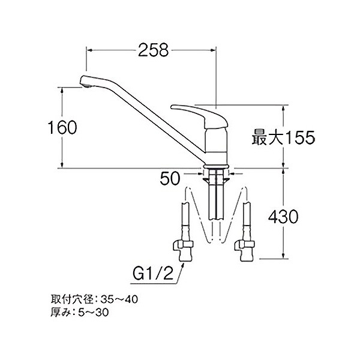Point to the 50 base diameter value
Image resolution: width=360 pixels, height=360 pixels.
click(x=172, y=178)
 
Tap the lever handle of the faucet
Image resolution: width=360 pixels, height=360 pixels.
click(x=196, y=112)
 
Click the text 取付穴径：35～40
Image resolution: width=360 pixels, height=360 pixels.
click(x=94, y=298)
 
